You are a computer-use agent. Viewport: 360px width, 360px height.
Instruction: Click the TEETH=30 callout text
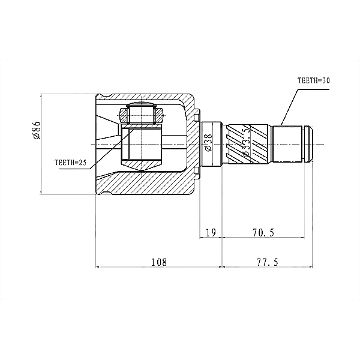[313, 80]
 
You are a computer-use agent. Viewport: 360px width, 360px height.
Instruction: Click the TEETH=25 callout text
[70, 163]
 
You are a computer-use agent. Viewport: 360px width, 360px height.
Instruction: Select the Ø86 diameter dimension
[37, 130]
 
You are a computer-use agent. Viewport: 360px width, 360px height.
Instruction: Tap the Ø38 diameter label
[208, 143]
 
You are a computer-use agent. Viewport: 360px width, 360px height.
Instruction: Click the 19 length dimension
[211, 233]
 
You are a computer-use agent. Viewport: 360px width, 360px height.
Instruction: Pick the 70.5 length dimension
[263, 233]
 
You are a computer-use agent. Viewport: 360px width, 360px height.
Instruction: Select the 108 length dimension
[158, 262]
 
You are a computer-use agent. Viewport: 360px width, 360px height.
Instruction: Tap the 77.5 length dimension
[267, 262]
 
